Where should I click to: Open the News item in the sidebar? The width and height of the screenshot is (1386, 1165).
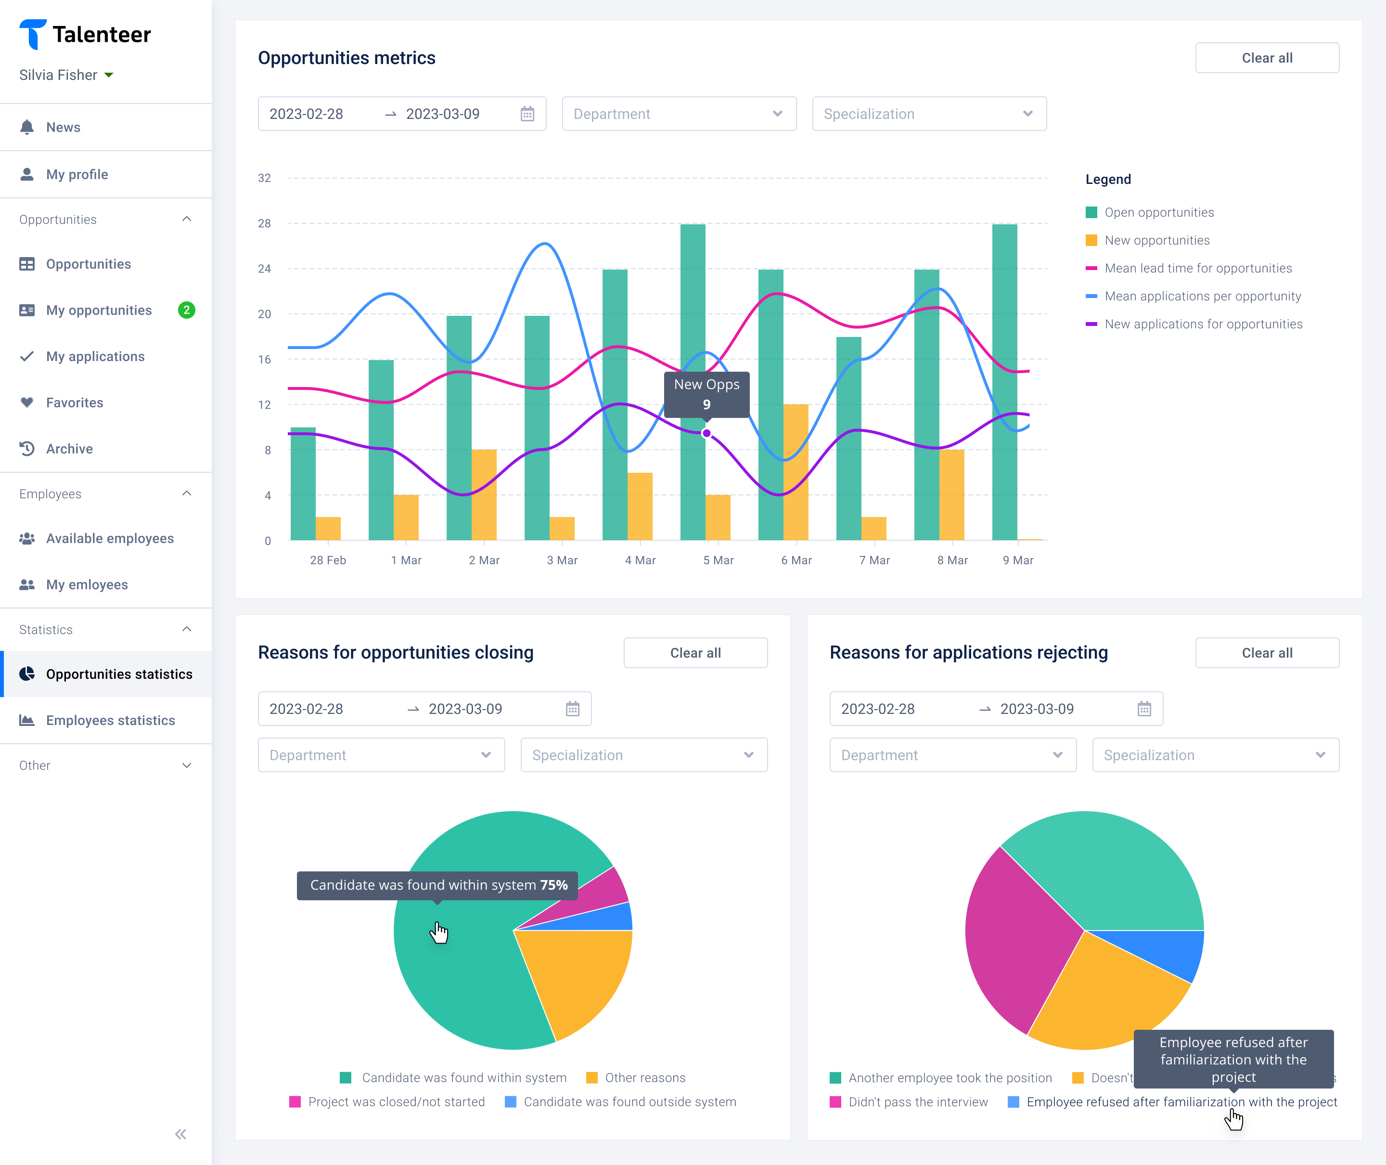pos(63,128)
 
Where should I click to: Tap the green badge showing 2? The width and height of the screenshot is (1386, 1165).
pos(187,311)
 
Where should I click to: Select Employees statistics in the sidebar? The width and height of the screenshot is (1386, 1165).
pos(110,721)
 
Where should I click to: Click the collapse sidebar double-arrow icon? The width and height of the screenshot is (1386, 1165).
pos(181,1134)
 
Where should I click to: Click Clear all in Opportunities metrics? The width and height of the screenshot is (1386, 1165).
pos(1267,58)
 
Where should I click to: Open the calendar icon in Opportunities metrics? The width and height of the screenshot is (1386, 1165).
pos(527,114)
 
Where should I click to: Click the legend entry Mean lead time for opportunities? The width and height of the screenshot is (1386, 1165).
pos(1198,268)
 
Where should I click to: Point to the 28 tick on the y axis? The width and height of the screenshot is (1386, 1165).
pos(264,223)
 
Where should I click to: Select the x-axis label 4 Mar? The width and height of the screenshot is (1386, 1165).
pos(640,560)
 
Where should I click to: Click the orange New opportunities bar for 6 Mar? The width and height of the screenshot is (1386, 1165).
pos(796,472)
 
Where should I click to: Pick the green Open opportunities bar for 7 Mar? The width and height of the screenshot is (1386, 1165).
pos(848,439)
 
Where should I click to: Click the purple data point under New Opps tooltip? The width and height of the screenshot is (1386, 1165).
pos(706,433)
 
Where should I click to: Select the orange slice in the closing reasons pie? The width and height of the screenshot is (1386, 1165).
pos(581,977)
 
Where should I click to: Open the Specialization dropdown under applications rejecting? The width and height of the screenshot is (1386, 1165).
pos(1215,755)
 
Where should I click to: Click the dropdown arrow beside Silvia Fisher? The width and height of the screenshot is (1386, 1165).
pos(109,75)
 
